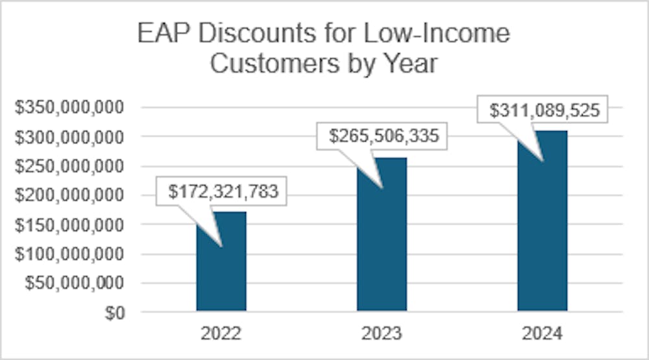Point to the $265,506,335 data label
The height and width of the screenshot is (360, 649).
pyautogui.click(x=383, y=137)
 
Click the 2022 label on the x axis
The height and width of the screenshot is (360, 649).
pyautogui.click(x=221, y=334)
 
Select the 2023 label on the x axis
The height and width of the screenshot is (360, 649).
pyautogui.click(x=382, y=334)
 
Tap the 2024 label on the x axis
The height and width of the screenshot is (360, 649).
pyautogui.click(x=543, y=334)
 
